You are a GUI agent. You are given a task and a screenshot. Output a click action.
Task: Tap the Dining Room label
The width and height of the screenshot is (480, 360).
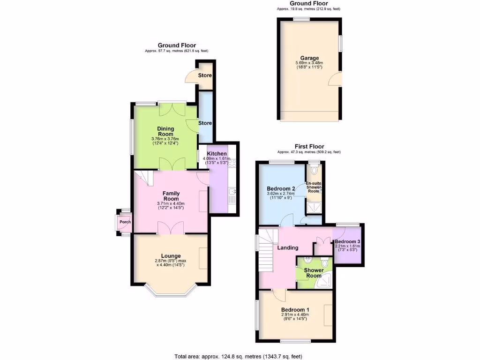(x=165, y=131)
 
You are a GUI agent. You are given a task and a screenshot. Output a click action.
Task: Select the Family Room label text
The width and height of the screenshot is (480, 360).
(x=171, y=196)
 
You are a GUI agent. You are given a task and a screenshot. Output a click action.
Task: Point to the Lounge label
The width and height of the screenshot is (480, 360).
(x=171, y=256)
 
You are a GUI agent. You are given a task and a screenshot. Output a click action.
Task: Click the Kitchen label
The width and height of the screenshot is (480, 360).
(x=217, y=154)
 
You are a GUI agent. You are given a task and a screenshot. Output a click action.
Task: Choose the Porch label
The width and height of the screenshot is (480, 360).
(x=125, y=222)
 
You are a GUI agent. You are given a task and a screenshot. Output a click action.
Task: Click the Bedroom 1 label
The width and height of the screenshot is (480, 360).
(x=295, y=310)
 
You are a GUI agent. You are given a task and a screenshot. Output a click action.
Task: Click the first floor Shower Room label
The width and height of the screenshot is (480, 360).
(x=314, y=273)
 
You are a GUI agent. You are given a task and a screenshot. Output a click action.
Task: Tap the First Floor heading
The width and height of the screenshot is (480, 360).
(x=309, y=147)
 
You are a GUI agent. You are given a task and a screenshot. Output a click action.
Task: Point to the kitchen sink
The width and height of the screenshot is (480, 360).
(x=232, y=191)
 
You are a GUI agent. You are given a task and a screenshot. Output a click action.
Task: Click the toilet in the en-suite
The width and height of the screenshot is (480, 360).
(x=315, y=171)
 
